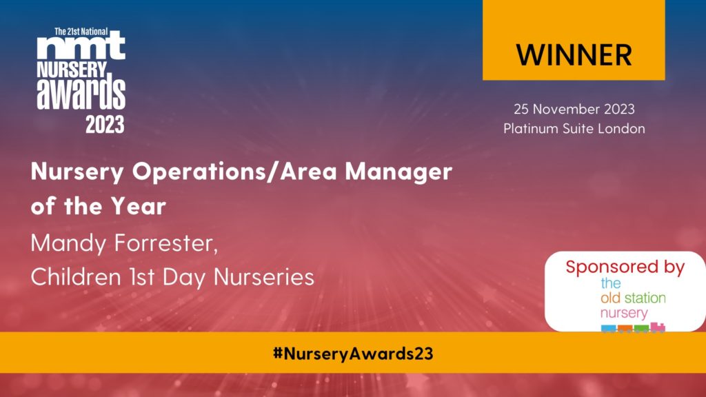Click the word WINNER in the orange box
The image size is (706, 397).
click(x=574, y=55)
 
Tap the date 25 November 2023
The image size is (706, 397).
click(x=574, y=109)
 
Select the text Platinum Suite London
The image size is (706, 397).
click(x=574, y=129)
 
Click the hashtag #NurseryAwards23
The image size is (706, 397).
click(x=353, y=354)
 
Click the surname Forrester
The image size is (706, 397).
click(x=166, y=243)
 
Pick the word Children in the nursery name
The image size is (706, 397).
click(x=76, y=276)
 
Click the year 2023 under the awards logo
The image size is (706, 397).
click(x=105, y=125)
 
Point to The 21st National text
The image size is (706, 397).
click(x=81, y=32)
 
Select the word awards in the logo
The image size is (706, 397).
click(x=81, y=94)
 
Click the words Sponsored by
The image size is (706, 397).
click(x=625, y=267)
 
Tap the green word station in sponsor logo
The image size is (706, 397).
click(x=645, y=298)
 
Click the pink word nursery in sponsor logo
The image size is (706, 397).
click(x=624, y=313)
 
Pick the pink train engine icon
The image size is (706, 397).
click(x=657, y=327)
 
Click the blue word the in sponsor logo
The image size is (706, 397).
click(x=611, y=283)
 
